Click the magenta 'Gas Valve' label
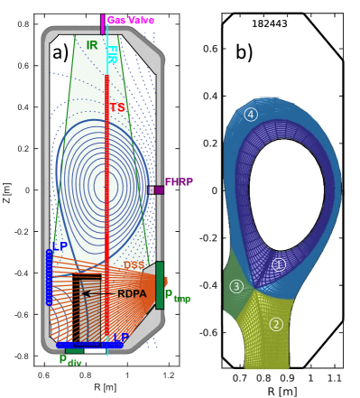131,20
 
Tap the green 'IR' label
92,45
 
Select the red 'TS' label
117,107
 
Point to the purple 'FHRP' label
179,181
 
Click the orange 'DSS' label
134,265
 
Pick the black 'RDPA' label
132,293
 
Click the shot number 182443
270,23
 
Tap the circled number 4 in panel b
251,115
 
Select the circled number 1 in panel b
279,265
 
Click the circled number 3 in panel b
236,286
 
